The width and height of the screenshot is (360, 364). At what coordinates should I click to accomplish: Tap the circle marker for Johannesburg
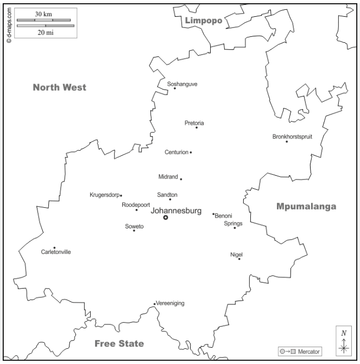pos(166,218)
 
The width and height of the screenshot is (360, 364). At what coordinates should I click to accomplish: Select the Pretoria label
pos(194,123)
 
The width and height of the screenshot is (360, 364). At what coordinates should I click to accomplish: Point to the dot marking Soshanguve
pos(175,88)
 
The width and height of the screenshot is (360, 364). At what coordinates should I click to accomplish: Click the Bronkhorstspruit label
pos(292,136)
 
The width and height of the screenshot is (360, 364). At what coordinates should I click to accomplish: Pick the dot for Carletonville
pos(54,248)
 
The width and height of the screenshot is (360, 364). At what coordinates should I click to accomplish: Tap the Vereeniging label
pos(170,303)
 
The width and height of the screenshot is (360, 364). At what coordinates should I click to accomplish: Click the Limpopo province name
pos(204,21)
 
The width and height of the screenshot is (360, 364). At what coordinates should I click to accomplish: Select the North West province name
pos(59,87)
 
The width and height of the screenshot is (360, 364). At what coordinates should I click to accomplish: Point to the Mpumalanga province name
pos(306,206)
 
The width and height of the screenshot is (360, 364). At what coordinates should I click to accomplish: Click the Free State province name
pos(119,343)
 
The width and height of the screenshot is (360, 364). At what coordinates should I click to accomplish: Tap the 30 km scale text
pos(43,14)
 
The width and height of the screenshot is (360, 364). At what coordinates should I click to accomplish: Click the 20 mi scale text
pos(45,33)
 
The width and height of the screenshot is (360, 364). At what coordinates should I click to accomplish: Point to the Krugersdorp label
pos(104,195)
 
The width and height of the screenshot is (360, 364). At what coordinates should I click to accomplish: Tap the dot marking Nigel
pos(239,259)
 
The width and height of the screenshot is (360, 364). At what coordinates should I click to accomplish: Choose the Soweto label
pos(134,226)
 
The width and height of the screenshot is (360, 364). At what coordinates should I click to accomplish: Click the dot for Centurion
pos(191,152)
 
